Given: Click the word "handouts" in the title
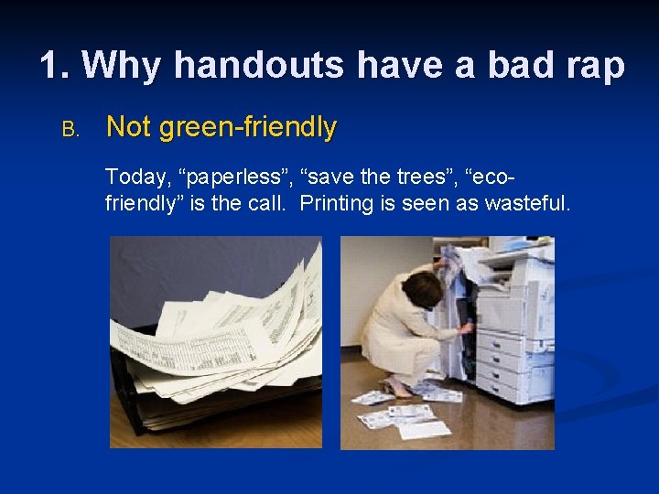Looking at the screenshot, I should point(259,66).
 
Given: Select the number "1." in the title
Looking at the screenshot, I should point(58,66).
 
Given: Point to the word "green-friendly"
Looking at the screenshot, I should point(248,128).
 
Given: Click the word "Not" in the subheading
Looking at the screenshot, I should point(128,128).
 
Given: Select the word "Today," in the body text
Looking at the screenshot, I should point(136,177).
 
